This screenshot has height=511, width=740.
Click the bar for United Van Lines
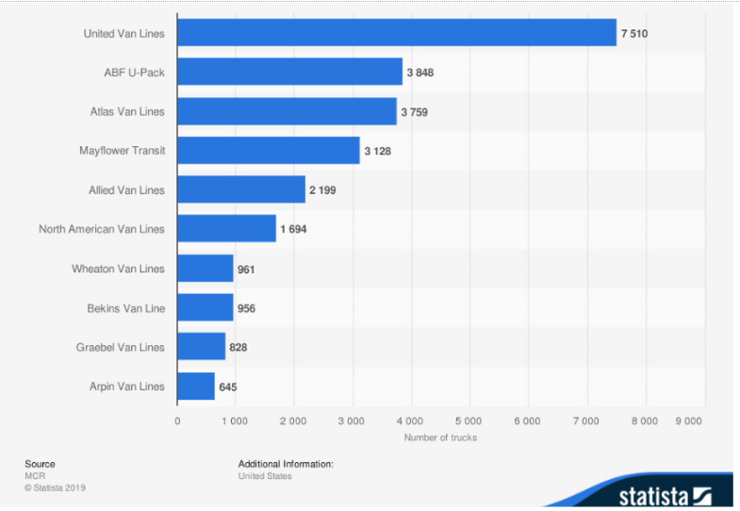[x=396, y=33]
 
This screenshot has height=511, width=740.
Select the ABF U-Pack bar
[x=289, y=72]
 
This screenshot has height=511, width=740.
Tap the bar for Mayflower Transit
[x=269, y=150]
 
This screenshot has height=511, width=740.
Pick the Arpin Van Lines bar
[x=196, y=387]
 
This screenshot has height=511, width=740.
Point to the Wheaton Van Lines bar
[x=206, y=269]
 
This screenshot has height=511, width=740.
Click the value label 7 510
[x=634, y=33]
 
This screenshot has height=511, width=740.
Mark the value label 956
[x=247, y=308]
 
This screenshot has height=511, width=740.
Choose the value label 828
[x=238, y=348]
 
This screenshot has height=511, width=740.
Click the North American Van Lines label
[x=101, y=229]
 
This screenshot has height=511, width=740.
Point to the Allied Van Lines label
[x=126, y=190]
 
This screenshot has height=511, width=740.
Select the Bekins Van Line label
[x=124, y=308]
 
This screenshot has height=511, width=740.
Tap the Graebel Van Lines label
[x=120, y=348]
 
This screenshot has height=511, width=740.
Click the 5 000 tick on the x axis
[x=469, y=421]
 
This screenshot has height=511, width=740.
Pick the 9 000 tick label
[x=690, y=421]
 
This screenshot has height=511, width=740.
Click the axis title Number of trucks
[x=440, y=437]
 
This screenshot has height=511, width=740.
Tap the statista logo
[x=664, y=494]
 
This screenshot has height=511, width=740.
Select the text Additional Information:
[x=286, y=464]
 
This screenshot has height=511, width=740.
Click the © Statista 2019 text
[x=55, y=488]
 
